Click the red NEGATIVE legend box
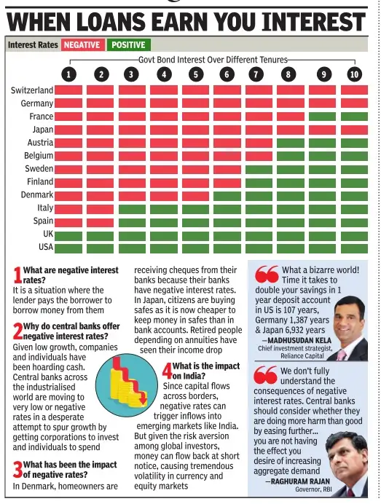(82, 44)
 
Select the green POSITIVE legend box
(129, 44)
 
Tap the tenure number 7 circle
(256, 74)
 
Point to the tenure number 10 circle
(354, 74)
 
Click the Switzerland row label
(32, 90)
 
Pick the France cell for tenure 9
(322, 117)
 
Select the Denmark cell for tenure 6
(227, 196)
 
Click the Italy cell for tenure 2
(100, 209)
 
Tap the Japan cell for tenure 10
(354, 130)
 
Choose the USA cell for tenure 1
(68, 248)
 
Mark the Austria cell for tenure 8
(291, 143)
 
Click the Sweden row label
(39, 169)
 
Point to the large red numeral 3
(17, 470)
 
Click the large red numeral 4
(168, 371)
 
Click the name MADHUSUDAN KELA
(299, 340)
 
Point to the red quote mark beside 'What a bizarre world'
(267, 274)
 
